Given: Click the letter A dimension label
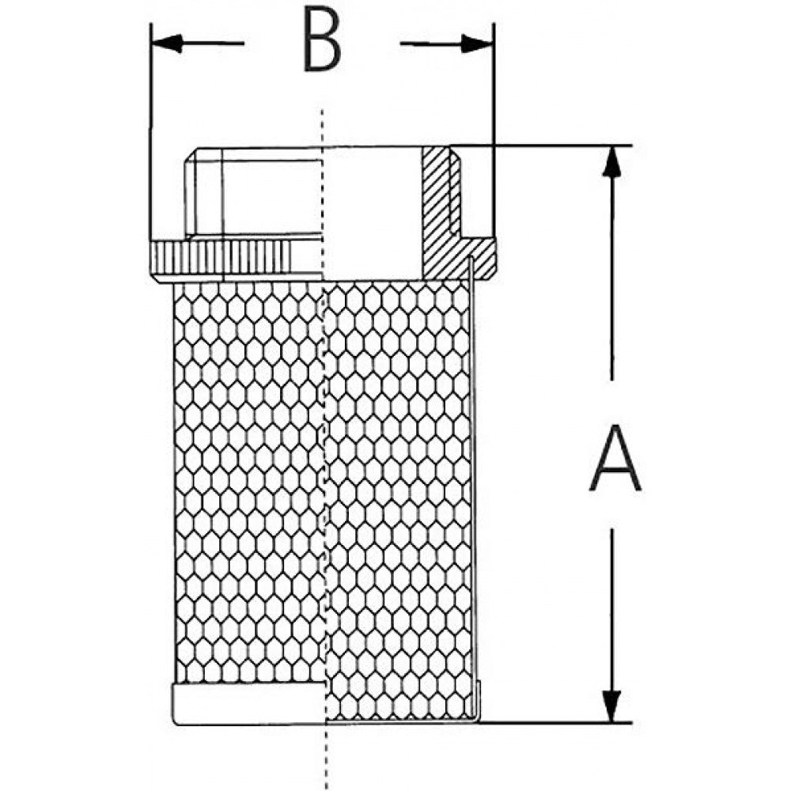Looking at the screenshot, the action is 615,458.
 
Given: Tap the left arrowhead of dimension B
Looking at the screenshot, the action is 166,44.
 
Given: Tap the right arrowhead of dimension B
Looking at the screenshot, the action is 477,44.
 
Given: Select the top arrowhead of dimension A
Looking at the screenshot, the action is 612,161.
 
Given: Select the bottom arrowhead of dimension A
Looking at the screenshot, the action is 612,706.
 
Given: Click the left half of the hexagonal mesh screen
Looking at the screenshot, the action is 248,482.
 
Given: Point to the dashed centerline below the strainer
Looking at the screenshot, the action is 327,757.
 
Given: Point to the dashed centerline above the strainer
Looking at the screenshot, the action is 323,127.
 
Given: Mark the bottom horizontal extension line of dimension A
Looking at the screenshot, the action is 555,722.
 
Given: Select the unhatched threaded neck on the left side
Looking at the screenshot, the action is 252,191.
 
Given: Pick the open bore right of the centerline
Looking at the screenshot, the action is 373,213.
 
